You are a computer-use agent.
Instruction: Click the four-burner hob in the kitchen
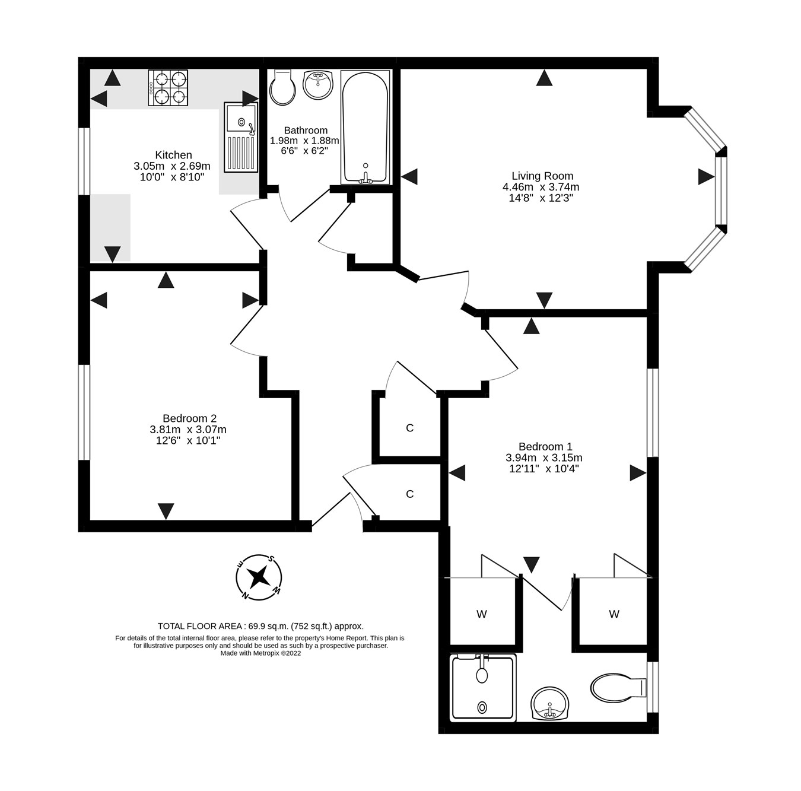coord(168,88)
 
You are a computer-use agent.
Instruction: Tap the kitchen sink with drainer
coord(241,137)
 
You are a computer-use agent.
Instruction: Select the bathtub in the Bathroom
coord(365,128)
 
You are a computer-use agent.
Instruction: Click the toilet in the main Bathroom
coord(282,88)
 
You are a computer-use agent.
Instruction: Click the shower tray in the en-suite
coord(482,688)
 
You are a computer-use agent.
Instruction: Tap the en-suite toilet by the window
coord(617,687)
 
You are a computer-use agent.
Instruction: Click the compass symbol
coord(258,576)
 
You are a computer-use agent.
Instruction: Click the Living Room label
coord(542,176)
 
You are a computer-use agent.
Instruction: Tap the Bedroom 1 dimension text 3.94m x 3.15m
coord(543,458)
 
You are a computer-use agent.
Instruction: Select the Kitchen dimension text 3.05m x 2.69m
coord(172,166)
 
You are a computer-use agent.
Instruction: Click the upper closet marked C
coord(409,428)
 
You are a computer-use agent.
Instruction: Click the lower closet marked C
coord(409,494)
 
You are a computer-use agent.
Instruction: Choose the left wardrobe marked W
coord(482,614)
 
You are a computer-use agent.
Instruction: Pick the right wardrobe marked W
coord(614,614)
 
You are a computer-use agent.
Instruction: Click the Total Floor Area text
coord(260,625)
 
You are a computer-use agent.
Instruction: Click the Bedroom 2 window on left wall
coord(84,412)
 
